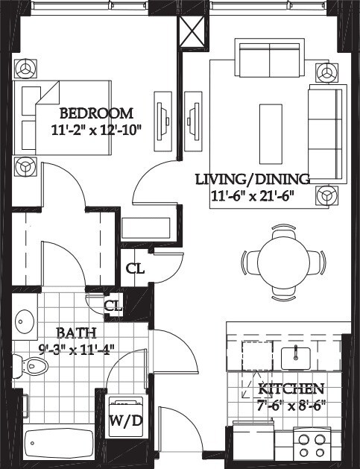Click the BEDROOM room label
[x=96, y=113]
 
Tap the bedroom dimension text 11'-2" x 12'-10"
[x=96, y=130]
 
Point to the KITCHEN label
[x=291, y=389]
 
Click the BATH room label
[x=77, y=333]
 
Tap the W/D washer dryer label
[x=125, y=421]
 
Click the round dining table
[x=283, y=262]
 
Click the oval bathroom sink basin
[x=25, y=322]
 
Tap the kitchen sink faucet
[x=295, y=353]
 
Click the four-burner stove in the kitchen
[x=312, y=445]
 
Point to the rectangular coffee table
[x=271, y=134]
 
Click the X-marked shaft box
[x=192, y=31]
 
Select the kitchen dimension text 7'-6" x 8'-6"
[x=291, y=406]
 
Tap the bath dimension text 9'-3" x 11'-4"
[x=77, y=349]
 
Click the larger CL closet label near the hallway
[x=135, y=269]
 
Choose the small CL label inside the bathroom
[x=113, y=306]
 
